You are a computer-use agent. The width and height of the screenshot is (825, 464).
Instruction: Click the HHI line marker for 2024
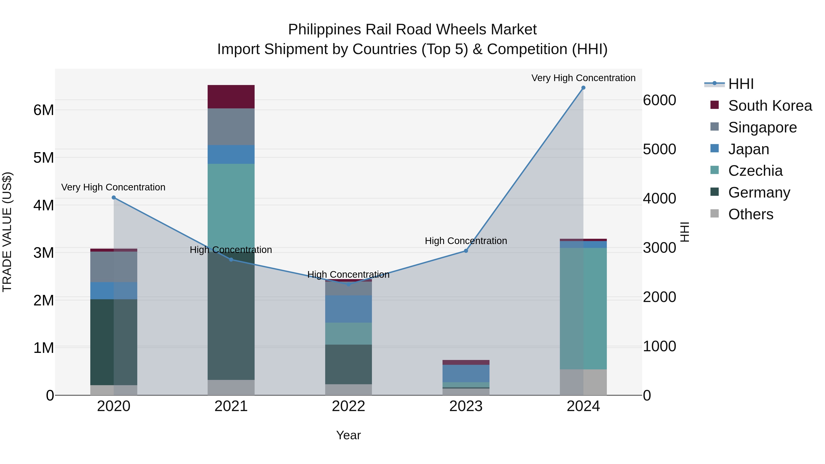coord(583,88)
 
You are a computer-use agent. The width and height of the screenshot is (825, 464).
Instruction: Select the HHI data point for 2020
coord(114,198)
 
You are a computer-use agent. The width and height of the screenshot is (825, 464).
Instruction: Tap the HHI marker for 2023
coord(466,251)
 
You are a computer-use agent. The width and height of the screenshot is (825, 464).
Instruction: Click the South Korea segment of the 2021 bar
coord(231,97)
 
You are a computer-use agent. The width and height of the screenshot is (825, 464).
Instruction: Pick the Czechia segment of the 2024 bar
coord(583,308)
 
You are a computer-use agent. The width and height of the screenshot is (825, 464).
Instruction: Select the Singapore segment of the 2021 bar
coord(231,127)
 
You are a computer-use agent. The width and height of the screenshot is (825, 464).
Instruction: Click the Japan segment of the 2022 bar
coord(348,309)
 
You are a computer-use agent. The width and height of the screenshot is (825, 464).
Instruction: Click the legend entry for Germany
coord(759,192)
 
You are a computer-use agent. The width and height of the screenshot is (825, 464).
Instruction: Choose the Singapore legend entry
coord(762,127)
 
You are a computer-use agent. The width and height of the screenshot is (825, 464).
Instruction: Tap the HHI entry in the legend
coord(740,84)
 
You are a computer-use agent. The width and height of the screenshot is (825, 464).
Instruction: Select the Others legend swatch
coord(715,214)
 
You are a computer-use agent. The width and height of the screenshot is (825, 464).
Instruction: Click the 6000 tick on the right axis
coord(659,100)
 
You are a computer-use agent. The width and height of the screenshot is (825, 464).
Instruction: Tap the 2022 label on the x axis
coord(348,406)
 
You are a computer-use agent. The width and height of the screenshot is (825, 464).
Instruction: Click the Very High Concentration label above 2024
coord(583,78)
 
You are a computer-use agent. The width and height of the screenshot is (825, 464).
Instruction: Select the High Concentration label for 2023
coord(466,241)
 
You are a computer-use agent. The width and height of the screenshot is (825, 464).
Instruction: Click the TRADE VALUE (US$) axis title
coord(7,232)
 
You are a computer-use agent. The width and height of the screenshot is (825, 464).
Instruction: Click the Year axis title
coord(348,435)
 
